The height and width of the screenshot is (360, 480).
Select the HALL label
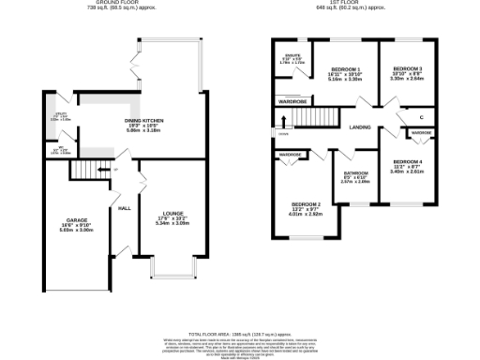click(123, 208)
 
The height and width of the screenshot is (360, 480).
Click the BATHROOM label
click(355, 173)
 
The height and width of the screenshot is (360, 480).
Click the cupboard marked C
click(421, 116)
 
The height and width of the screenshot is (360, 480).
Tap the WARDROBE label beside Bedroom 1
click(292, 100)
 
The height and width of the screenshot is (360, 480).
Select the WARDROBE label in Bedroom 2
click(290, 154)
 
